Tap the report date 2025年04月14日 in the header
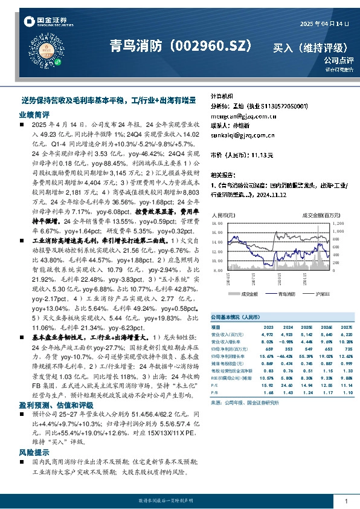pyautogui.click(x=325, y=23)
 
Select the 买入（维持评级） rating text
pyautogui.click(x=311, y=47)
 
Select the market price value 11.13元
pyautogui.click(x=261, y=155)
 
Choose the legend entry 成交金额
pyautogui.click(x=249, y=294)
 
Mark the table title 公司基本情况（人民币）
pyautogui.click(x=235, y=316)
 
